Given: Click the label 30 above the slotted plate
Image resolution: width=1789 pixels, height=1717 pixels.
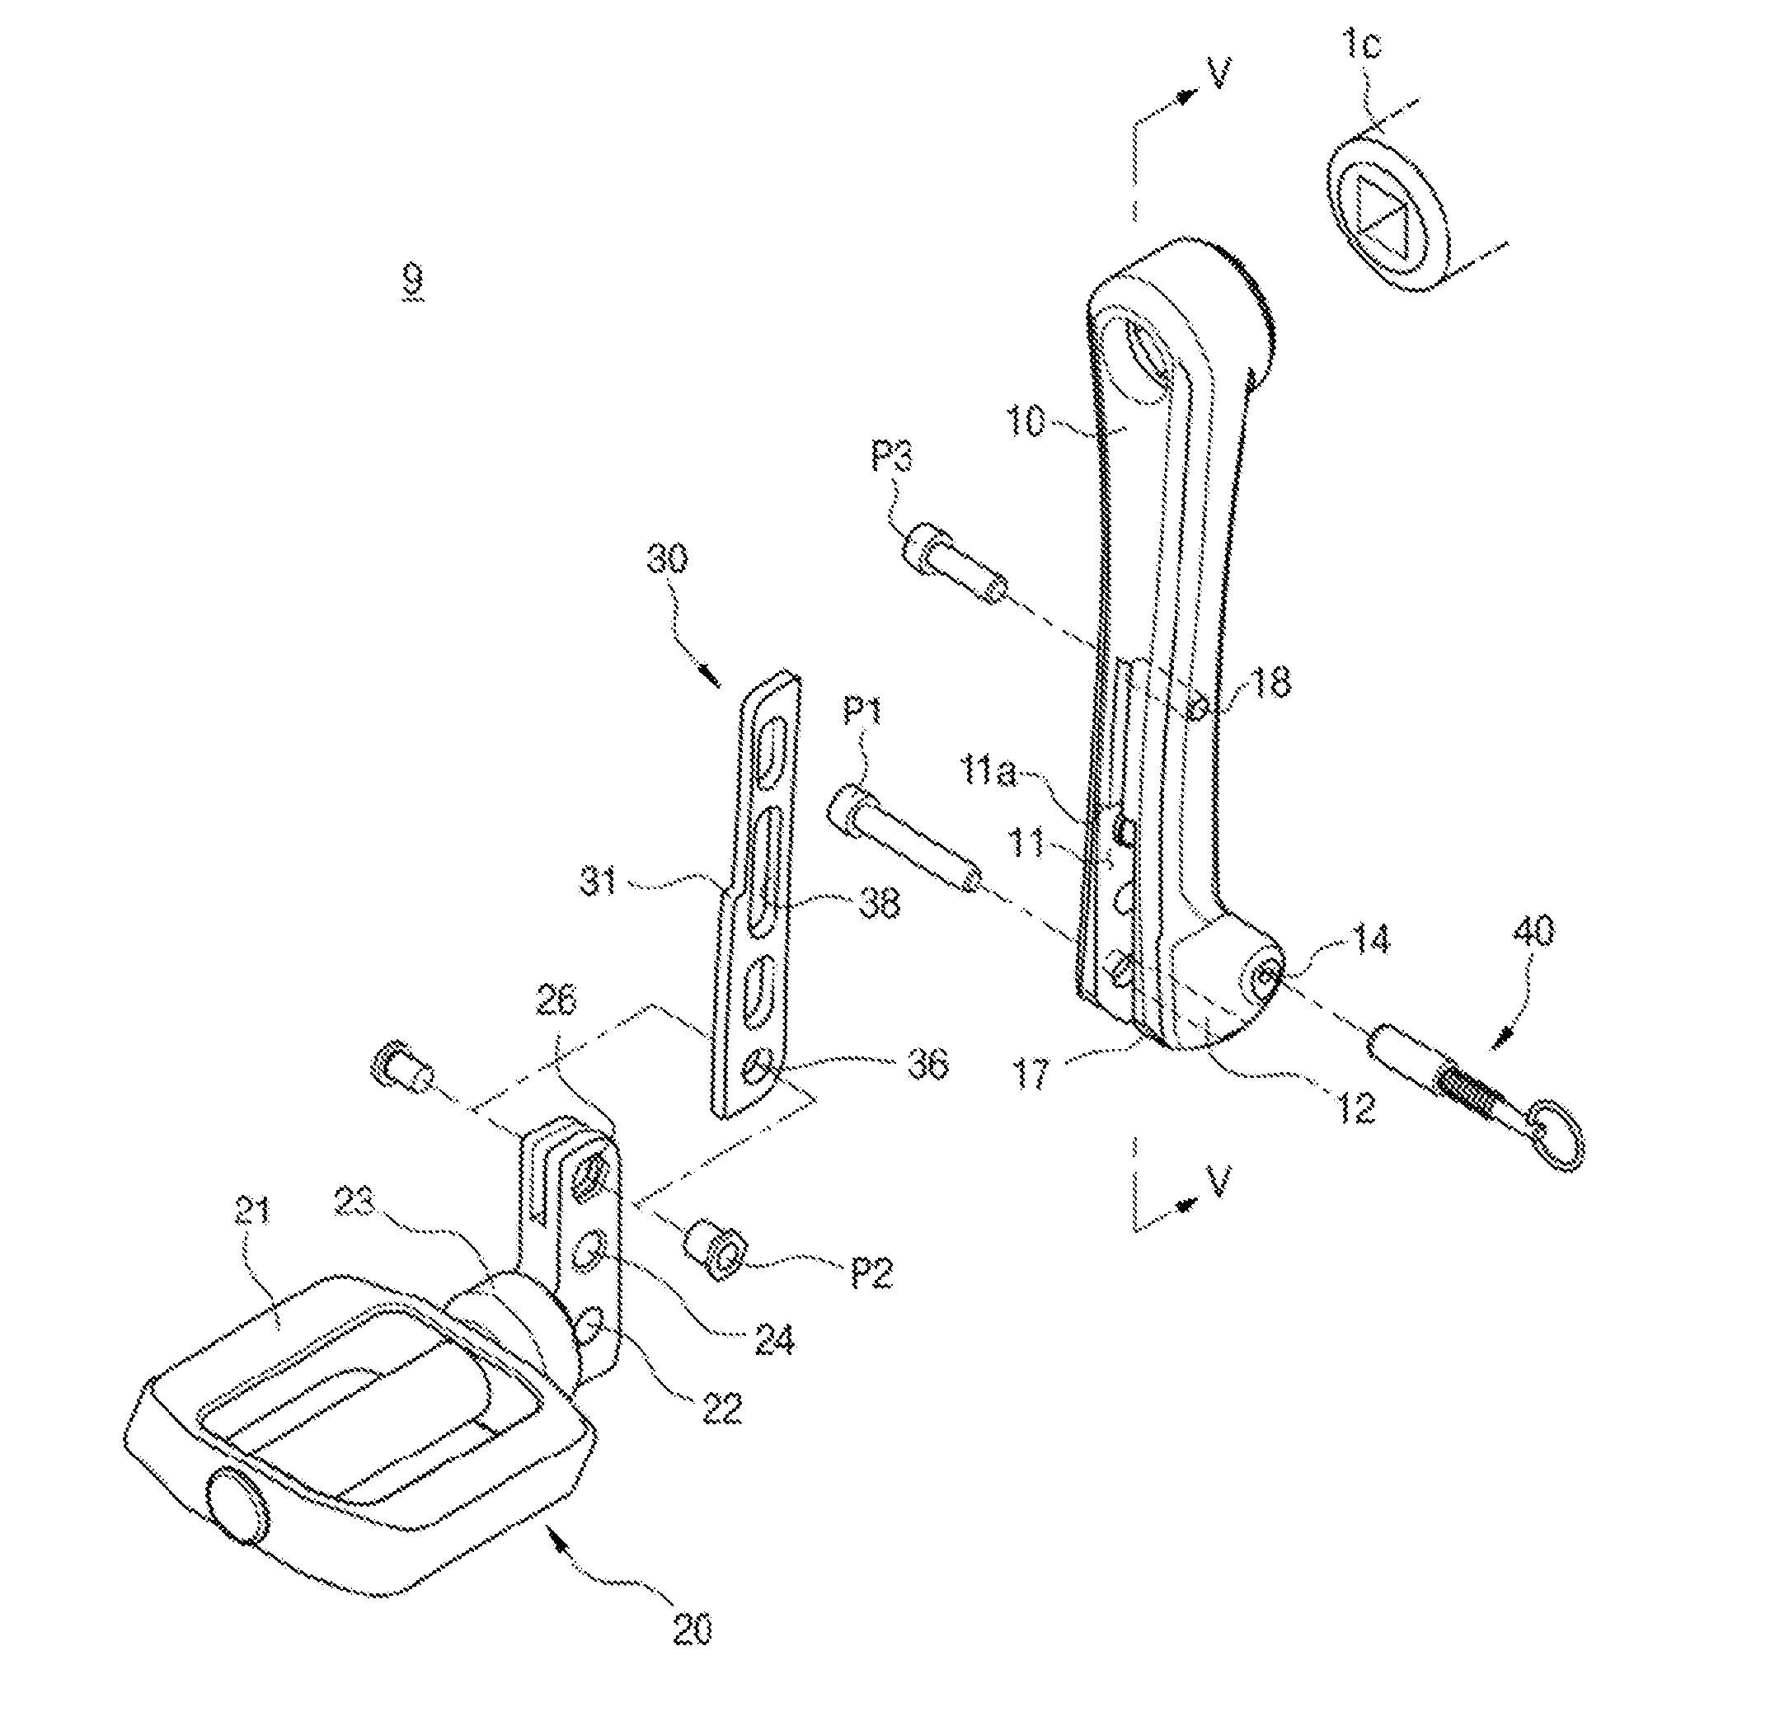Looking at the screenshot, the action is coord(670,561).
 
